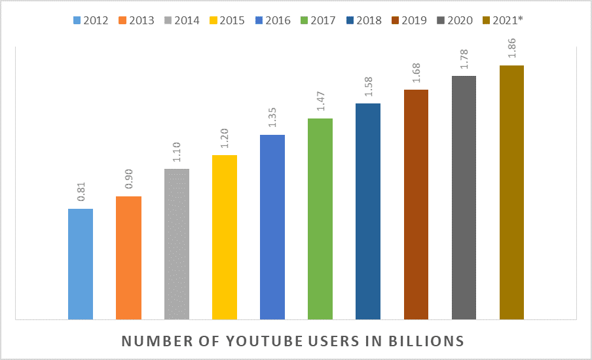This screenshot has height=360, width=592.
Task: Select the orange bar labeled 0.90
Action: point(128,258)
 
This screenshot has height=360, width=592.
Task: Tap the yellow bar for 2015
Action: point(225,237)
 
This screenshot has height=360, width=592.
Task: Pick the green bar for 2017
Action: point(320,219)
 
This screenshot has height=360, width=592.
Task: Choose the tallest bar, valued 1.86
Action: point(511,192)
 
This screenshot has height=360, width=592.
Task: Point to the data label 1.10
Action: point(177,155)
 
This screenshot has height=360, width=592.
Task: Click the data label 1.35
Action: point(272,121)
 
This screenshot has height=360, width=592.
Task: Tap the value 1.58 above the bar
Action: point(368,90)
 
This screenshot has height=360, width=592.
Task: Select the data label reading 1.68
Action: point(416,76)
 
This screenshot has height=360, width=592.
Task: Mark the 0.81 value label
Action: point(81,195)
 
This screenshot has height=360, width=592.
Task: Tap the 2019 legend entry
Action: point(407,20)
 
